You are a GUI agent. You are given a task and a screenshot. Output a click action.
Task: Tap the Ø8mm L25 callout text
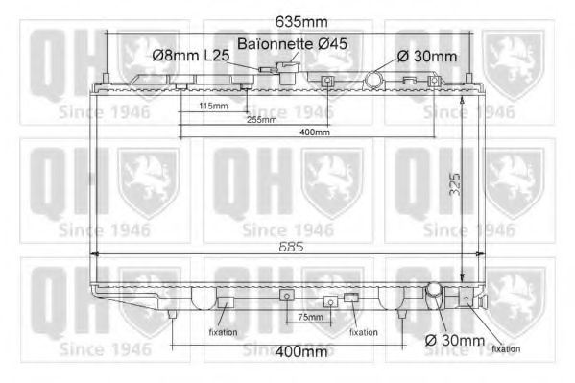pos(190,57)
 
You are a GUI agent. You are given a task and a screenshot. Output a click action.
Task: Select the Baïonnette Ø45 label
pos(293,44)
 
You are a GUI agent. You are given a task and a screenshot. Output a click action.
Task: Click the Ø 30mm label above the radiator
pos(427,57)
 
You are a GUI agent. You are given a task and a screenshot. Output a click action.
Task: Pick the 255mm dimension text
pos(260,119)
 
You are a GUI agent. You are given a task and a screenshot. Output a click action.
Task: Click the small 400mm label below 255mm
pos(313,132)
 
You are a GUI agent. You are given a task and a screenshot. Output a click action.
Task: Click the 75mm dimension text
pos(308,317)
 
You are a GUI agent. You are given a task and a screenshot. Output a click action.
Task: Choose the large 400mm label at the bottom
pos(301,351)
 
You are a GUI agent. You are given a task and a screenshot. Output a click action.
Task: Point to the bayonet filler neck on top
pos(285,70)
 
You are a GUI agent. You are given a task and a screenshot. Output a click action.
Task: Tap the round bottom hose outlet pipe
pos(434,290)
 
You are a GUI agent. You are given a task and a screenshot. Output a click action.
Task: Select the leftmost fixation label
pos(223,332)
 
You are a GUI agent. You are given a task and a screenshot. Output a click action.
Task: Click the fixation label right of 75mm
pos(363,332)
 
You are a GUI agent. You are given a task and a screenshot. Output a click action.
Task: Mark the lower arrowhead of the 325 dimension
pos(463,275)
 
